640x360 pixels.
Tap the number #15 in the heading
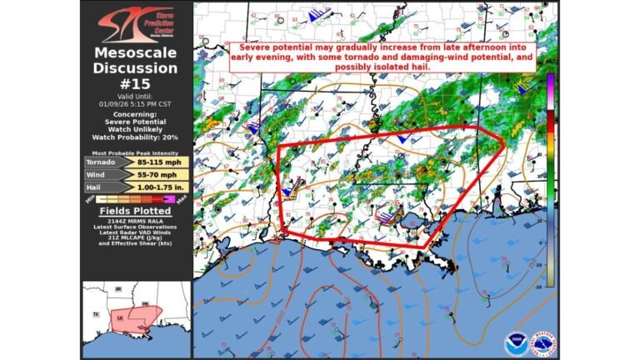(136, 83)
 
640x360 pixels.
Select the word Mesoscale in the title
(136, 53)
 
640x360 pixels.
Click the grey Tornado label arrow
(104, 162)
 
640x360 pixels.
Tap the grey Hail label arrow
(104, 187)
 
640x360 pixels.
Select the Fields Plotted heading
(135, 212)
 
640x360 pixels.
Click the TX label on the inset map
(97, 314)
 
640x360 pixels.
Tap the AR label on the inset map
(118, 290)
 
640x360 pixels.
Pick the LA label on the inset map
(122, 318)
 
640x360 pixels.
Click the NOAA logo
(517, 343)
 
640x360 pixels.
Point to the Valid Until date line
(136, 103)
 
